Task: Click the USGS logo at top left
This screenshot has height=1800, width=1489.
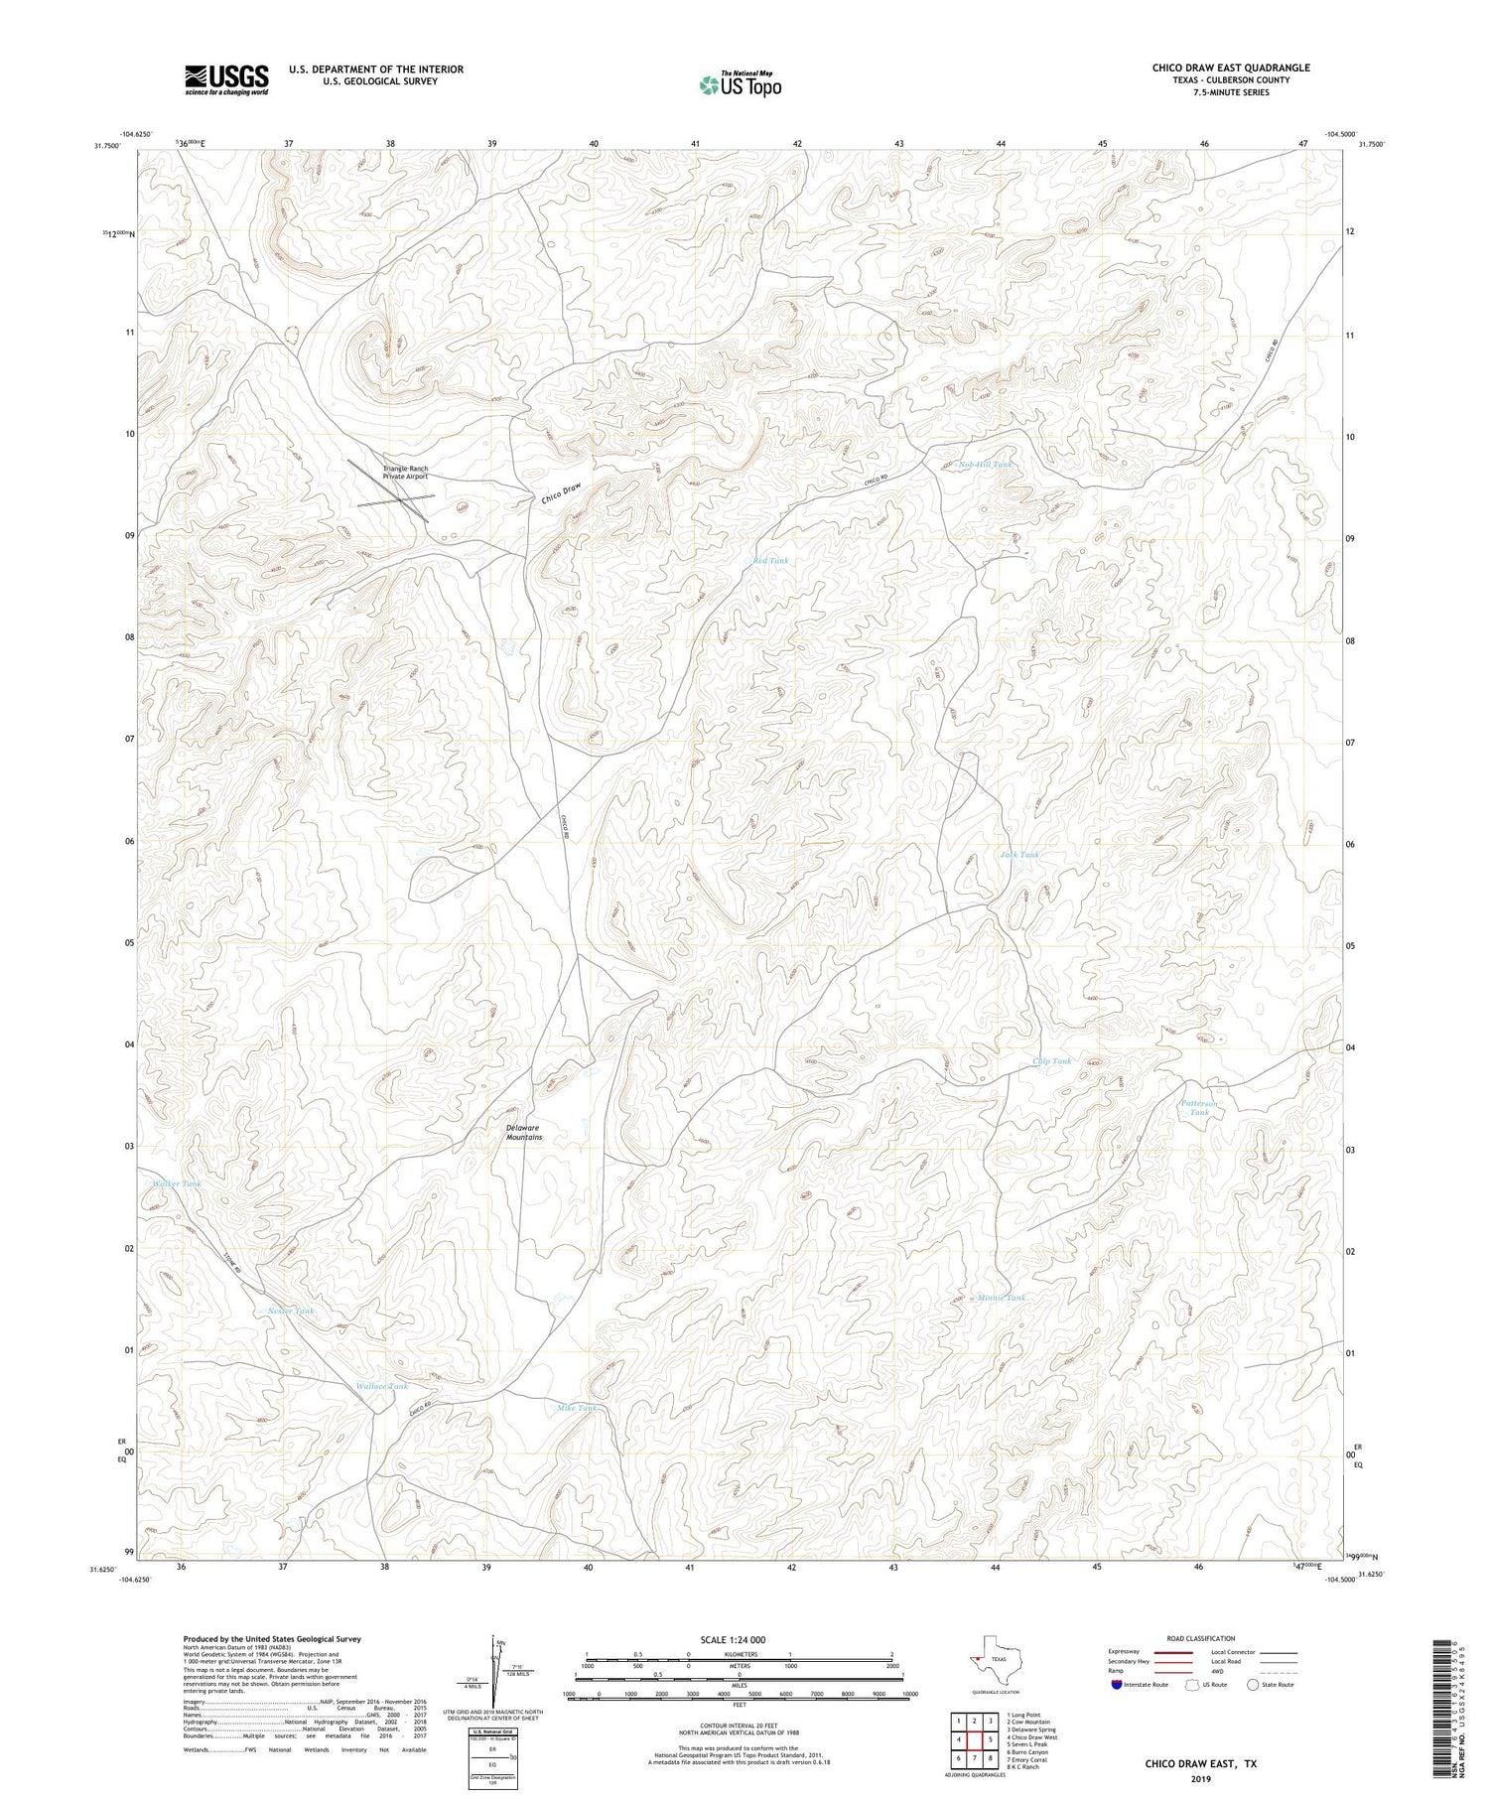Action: click(x=226, y=79)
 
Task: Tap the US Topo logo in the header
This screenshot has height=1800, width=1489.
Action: click(x=740, y=85)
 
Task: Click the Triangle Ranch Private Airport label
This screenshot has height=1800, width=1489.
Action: click(x=407, y=473)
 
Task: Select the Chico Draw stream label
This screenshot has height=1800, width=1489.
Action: click(x=561, y=492)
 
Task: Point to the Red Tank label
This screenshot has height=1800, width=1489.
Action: click(x=770, y=561)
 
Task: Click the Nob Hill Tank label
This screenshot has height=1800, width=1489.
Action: click(x=986, y=464)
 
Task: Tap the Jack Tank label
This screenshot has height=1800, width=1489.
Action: click(x=1019, y=854)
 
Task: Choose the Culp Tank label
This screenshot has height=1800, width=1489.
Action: click(x=1052, y=1061)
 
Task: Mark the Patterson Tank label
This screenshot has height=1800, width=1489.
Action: click(x=1199, y=1108)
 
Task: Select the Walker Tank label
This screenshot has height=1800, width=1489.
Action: click(x=177, y=1183)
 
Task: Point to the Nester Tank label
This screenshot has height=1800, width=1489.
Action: click(x=291, y=1312)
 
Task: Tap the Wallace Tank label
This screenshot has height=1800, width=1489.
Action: click(x=382, y=1386)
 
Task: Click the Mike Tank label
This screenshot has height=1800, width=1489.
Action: click(x=577, y=1408)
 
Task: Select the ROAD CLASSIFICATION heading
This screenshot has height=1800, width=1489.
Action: click(x=1201, y=1638)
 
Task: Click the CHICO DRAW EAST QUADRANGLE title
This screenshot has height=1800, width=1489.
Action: click(x=1231, y=68)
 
